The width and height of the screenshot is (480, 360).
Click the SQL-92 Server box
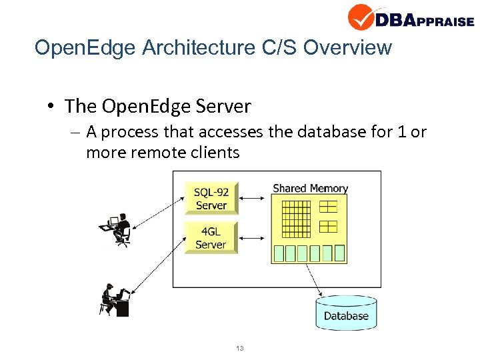point(211,199)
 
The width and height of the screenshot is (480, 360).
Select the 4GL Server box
point(211,238)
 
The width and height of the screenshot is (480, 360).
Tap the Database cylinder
point(346,313)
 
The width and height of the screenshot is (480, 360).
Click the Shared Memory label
point(310,188)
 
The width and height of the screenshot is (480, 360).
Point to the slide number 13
point(240,349)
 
